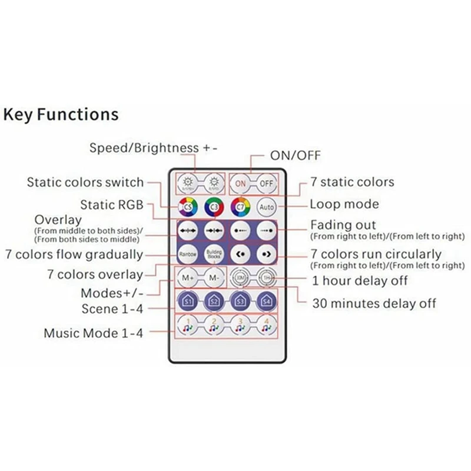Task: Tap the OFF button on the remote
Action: pos(267,183)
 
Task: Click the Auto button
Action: pos(267,207)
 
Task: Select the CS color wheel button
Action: pos(188,207)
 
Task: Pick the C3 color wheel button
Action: pos(214,207)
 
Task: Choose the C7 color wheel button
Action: pos(240,207)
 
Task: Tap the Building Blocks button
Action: pos(214,254)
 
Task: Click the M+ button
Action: pos(188,277)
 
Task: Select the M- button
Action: pos(214,277)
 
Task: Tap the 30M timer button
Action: pos(240,277)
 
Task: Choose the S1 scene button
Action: pos(188,300)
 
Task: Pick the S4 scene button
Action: pos(267,300)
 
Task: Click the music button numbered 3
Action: pos(240,325)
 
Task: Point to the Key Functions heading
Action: pos(61,114)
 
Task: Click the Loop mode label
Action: pos(344,205)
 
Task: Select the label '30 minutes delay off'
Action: pos(374,303)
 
